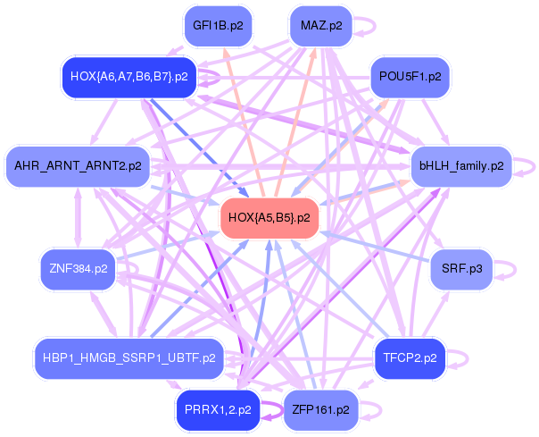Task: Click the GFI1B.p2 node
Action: point(218,26)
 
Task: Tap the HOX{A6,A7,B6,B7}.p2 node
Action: point(128,77)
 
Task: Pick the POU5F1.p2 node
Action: point(410,77)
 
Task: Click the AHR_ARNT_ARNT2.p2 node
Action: point(78,165)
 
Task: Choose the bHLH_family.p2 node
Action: point(461,165)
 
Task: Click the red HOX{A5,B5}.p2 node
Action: point(269,217)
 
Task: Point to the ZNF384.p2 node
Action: point(79,268)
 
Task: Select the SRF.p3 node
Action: point(461,268)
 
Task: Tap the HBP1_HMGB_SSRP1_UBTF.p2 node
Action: point(129,358)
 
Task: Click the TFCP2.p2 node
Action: point(410,358)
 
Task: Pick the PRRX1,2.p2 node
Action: point(218,410)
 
